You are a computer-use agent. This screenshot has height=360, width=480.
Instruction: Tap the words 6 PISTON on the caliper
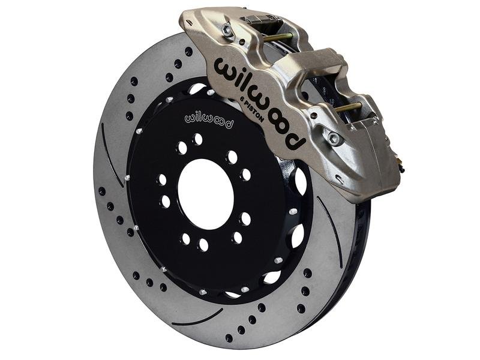click(x=251, y=109)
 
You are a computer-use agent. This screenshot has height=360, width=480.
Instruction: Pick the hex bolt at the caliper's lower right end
click(x=334, y=138)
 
